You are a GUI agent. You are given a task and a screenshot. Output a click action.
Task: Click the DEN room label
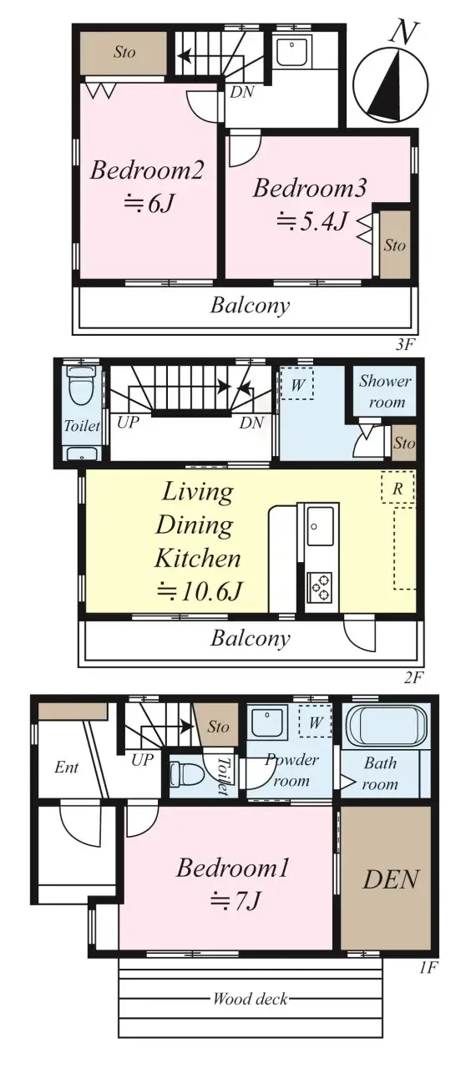(x=392, y=879)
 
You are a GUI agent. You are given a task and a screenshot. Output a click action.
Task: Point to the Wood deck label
(x=249, y=999)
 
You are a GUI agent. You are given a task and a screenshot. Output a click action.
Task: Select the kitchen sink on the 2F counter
(x=322, y=526)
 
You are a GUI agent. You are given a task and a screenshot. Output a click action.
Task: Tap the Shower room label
(x=384, y=391)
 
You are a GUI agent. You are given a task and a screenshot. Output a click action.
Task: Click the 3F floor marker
(x=405, y=343)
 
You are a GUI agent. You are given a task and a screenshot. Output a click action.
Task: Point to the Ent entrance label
(x=66, y=767)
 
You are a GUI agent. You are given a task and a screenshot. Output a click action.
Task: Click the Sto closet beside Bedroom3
(x=395, y=245)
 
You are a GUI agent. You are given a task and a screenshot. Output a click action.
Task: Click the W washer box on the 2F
(x=297, y=384)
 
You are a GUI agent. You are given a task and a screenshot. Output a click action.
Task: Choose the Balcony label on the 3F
(x=250, y=305)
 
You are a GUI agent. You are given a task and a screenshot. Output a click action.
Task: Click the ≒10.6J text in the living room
(x=200, y=591)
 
